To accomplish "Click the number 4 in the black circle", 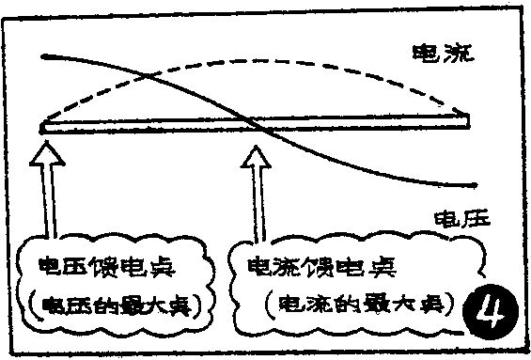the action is (493, 308).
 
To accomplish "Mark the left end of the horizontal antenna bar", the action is (43, 125).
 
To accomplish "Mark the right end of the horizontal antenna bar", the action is (467, 121).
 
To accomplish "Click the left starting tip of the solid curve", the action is (44, 58).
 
